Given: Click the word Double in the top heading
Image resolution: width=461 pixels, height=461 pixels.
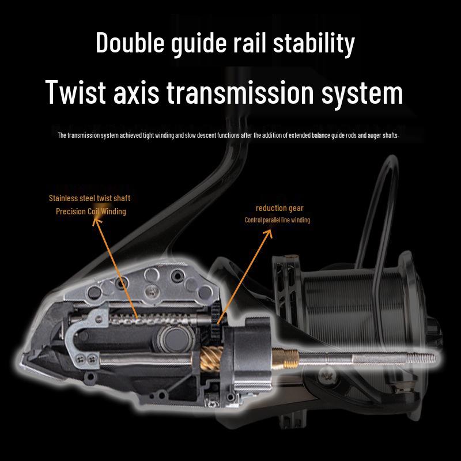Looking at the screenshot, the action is pyautogui.click(x=130, y=43).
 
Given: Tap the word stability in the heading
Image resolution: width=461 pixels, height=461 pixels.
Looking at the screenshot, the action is pyautogui.click(x=313, y=44).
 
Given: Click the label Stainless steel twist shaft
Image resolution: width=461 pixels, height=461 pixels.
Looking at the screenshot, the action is pyautogui.click(x=89, y=198).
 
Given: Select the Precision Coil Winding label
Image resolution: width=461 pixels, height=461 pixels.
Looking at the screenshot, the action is pyautogui.click(x=91, y=211).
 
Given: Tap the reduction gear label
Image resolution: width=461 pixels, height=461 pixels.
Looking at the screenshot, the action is pyautogui.click(x=279, y=208).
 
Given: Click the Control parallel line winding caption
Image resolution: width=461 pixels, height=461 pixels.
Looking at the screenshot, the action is pyautogui.click(x=277, y=220).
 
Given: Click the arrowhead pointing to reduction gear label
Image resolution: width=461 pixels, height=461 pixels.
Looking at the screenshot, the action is pyautogui.click(x=269, y=233).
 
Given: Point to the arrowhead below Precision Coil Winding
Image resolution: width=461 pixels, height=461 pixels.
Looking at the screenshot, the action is pyautogui.click(x=96, y=221).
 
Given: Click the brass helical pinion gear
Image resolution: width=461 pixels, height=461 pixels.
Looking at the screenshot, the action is pyautogui.click(x=211, y=358).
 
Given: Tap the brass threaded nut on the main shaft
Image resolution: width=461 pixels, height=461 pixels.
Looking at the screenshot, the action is pyautogui.click(x=285, y=358).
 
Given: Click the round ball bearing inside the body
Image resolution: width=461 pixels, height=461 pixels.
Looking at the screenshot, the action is pyautogui.click(x=175, y=339).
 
